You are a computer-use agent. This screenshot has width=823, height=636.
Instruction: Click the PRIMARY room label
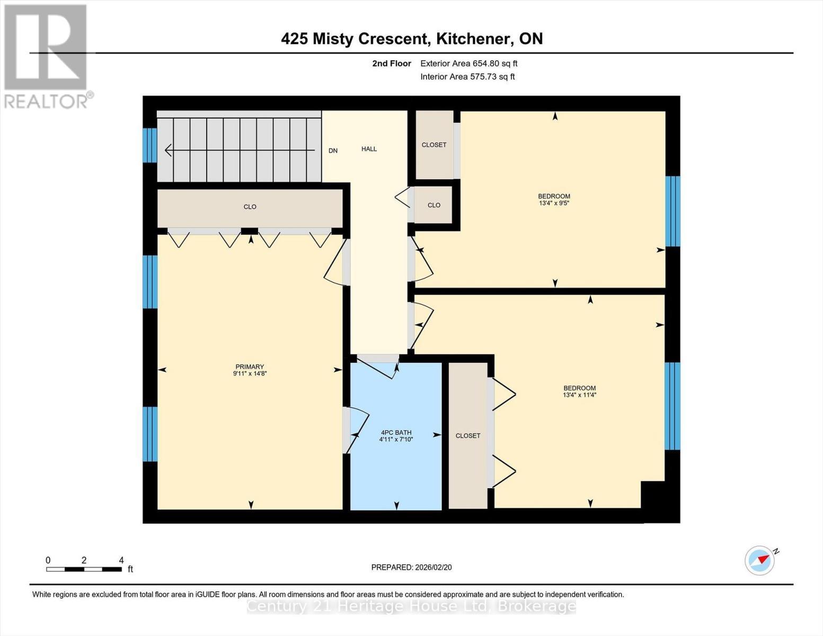(250, 367)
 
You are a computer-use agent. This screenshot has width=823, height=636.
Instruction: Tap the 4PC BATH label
(396, 432)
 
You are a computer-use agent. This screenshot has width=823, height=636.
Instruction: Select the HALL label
(369, 149)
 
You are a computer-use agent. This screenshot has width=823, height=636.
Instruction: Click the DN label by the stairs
(333, 151)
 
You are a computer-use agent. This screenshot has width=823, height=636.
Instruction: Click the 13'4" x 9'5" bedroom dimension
(554, 203)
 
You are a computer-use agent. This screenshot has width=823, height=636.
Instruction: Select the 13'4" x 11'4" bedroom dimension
(579, 395)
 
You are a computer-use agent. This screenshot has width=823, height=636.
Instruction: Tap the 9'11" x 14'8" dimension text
(250, 374)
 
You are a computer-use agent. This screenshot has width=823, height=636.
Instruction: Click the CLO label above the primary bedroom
(250, 207)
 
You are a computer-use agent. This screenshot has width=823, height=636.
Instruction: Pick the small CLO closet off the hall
(433, 205)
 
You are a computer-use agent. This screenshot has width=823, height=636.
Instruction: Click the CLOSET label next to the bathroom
(468, 436)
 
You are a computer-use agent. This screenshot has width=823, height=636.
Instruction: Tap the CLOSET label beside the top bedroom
(433, 145)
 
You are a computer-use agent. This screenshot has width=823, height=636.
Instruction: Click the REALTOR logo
(46, 56)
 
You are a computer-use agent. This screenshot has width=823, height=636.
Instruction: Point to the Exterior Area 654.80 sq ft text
(468, 64)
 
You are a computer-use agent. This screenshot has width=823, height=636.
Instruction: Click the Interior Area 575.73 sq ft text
(467, 77)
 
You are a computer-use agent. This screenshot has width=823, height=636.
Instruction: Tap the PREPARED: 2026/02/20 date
(411, 567)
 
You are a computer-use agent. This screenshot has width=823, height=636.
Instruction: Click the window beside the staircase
(150, 145)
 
